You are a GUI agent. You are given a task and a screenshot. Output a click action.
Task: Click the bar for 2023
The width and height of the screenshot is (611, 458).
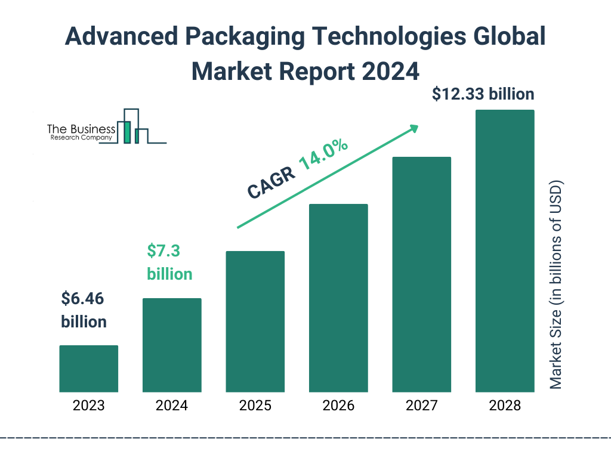(88, 369)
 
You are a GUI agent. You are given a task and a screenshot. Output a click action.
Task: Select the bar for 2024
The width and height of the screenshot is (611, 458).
(172, 345)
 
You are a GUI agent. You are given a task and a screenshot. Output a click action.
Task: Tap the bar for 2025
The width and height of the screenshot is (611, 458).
(255, 321)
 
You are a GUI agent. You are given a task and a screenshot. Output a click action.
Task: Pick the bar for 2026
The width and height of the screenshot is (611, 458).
(338, 298)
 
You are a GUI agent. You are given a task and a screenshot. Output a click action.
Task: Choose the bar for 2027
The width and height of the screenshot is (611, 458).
(421, 274)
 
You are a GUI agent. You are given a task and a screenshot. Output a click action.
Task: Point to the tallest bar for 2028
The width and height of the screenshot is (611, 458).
(505, 251)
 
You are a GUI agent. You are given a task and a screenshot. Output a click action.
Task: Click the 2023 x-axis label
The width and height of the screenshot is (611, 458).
(88, 406)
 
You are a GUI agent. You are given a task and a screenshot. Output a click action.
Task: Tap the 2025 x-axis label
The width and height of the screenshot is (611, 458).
(255, 406)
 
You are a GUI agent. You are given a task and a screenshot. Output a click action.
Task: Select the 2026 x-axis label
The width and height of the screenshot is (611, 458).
(338, 406)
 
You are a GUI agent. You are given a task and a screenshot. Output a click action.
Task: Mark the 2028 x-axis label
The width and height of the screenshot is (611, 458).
(505, 406)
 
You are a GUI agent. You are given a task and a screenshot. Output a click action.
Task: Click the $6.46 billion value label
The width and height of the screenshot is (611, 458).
(84, 310)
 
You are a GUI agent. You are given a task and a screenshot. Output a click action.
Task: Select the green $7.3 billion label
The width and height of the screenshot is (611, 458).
(169, 262)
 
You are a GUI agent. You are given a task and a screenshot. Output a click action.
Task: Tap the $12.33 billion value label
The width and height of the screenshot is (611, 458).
(483, 94)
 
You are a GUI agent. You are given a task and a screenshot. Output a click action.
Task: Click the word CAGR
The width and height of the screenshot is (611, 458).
(269, 182)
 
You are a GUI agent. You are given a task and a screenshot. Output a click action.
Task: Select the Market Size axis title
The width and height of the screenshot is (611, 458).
(556, 284)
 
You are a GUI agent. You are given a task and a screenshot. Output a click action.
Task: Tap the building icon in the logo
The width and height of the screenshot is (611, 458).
(132, 126)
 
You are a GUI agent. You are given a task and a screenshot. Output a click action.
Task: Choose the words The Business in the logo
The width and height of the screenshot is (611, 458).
(81, 129)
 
